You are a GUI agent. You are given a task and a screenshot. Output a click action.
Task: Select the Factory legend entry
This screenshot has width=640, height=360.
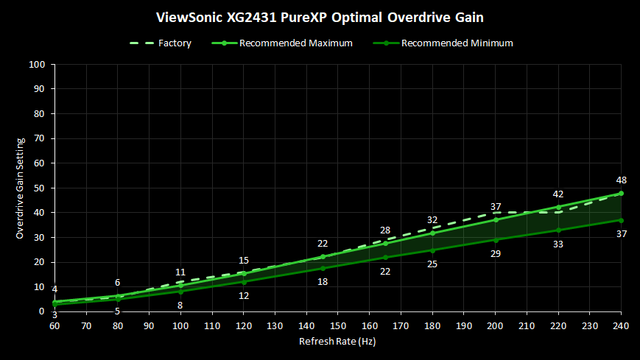tap(160, 43)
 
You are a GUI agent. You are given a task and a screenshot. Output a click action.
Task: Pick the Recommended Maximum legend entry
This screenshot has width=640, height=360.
tap(282, 43)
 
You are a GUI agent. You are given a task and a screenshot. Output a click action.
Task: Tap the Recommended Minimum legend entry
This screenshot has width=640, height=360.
tap(443, 43)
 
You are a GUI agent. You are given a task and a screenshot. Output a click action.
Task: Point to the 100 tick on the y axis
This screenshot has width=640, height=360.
tap(37, 64)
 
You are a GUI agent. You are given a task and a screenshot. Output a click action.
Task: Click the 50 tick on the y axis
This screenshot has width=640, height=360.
tap(39, 188)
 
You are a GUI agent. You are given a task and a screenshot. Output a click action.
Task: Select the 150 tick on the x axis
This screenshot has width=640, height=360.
tap(338, 326)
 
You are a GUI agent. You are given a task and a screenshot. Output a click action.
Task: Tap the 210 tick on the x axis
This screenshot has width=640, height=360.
tap(527, 326)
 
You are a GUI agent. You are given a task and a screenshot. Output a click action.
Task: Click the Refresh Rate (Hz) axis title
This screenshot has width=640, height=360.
tap(338, 341)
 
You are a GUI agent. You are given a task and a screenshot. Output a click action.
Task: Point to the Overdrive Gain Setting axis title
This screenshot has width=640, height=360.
tap(20, 188)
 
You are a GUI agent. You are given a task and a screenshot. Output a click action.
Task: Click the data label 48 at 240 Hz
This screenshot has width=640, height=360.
tap(621, 180)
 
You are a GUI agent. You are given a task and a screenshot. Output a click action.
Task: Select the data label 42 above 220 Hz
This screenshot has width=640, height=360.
tap(558, 194)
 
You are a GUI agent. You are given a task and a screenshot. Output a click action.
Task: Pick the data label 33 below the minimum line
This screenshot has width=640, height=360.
tap(558, 244)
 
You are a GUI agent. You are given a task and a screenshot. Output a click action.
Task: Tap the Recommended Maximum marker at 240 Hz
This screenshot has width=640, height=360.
tap(621, 193)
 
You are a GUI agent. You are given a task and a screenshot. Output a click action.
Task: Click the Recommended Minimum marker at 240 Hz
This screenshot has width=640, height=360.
tap(621, 220)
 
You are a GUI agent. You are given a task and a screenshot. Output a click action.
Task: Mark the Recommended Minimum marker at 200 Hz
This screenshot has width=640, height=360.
tap(496, 240)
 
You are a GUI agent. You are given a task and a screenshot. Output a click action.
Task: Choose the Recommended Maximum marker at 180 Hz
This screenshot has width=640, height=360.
tap(433, 233)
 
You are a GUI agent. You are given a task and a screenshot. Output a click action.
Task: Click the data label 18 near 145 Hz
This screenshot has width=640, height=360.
tap(322, 282)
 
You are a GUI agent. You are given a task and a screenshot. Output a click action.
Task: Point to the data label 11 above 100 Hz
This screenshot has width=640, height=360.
tap(180, 272)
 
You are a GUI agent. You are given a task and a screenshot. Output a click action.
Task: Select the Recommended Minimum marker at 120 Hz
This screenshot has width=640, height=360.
tap(244, 282)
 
